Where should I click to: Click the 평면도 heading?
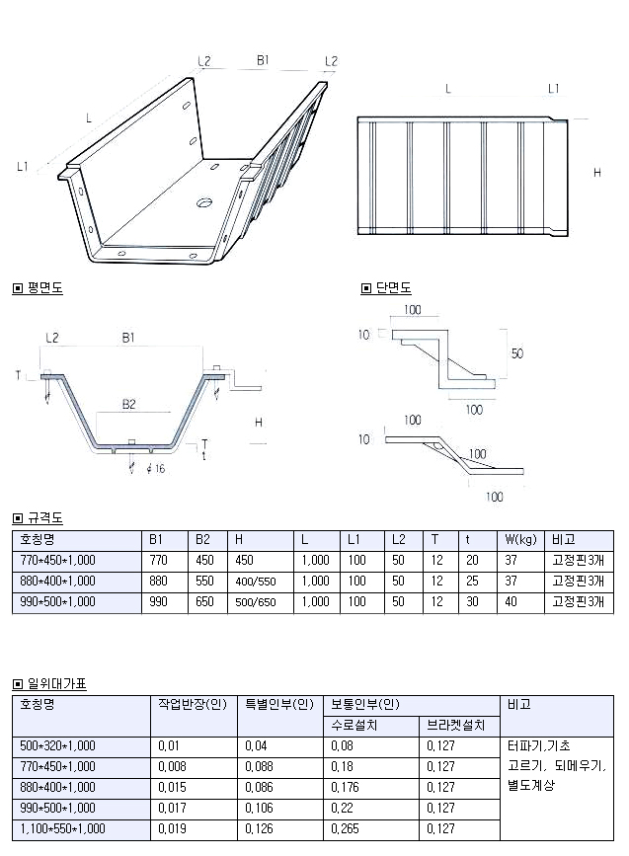click(x=44, y=288)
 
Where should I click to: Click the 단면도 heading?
click(x=392, y=288)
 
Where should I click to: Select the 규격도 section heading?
click(x=44, y=517)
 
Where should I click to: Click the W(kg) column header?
click(x=519, y=539)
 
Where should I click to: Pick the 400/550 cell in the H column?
click(x=255, y=582)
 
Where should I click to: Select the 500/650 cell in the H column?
click(x=255, y=601)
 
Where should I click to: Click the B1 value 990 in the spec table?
click(x=158, y=601)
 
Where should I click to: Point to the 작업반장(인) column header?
click(x=193, y=705)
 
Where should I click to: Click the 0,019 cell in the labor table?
click(x=172, y=829)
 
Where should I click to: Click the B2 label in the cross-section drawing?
click(x=129, y=403)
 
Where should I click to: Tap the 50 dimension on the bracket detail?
click(x=517, y=352)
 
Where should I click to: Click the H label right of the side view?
click(x=596, y=173)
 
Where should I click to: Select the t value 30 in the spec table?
click(x=472, y=601)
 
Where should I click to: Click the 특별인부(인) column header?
click(x=279, y=705)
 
